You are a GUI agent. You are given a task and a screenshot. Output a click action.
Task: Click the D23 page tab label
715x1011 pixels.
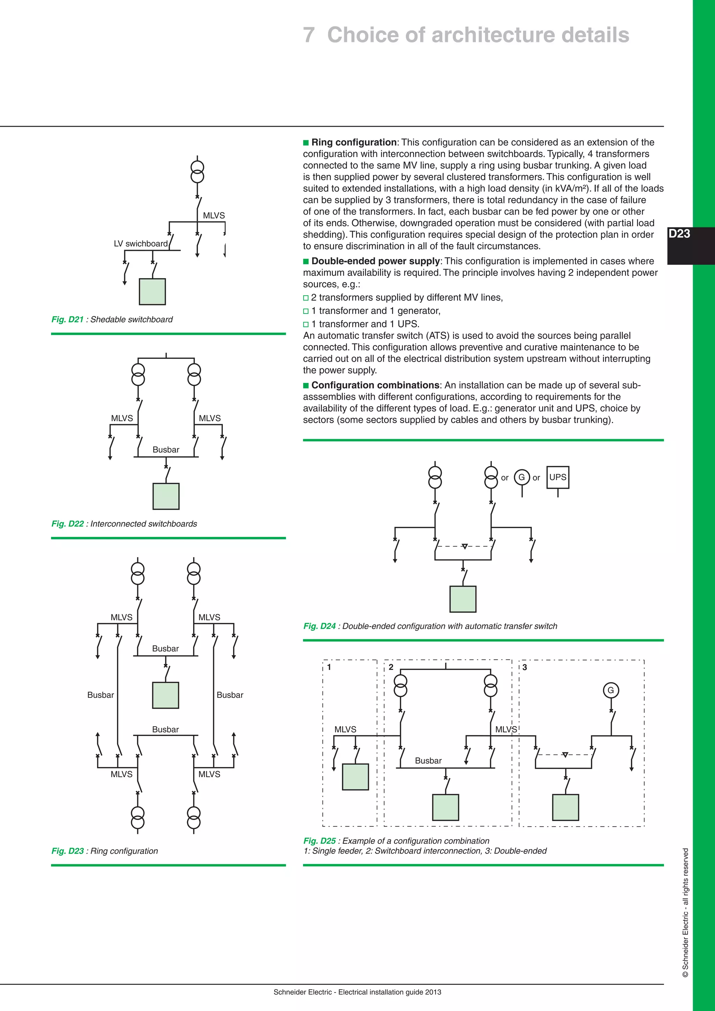click(679, 234)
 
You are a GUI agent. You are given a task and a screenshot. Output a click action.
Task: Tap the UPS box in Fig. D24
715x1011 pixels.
click(558, 477)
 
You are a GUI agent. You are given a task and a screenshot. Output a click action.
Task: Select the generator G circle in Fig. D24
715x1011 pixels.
click(522, 477)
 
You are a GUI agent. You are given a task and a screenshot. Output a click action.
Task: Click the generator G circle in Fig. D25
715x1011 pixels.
click(611, 690)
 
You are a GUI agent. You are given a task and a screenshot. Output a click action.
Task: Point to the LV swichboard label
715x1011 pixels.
click(140, 244)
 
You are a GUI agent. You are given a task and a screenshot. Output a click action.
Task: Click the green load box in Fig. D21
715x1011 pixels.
click(152, 292)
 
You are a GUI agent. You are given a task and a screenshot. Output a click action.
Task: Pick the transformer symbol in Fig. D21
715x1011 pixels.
click(197, 172)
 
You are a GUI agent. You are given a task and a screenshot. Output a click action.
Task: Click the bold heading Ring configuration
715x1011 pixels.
click(354, 142)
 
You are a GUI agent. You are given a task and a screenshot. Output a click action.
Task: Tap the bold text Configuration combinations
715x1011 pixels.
click(375, 385)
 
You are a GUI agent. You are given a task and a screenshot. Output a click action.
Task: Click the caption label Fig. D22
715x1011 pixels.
click(67, 524)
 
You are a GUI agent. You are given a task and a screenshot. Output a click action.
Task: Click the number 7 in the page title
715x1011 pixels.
click(309, 35)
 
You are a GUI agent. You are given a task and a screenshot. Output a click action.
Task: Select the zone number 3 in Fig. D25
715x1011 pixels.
click(524, 667)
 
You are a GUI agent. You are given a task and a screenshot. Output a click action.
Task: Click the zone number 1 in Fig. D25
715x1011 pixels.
click(329, 667)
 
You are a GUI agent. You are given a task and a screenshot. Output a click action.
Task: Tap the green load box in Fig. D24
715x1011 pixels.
click(463, 599)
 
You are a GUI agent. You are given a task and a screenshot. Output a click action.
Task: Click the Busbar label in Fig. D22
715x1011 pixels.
click(166, 450)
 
